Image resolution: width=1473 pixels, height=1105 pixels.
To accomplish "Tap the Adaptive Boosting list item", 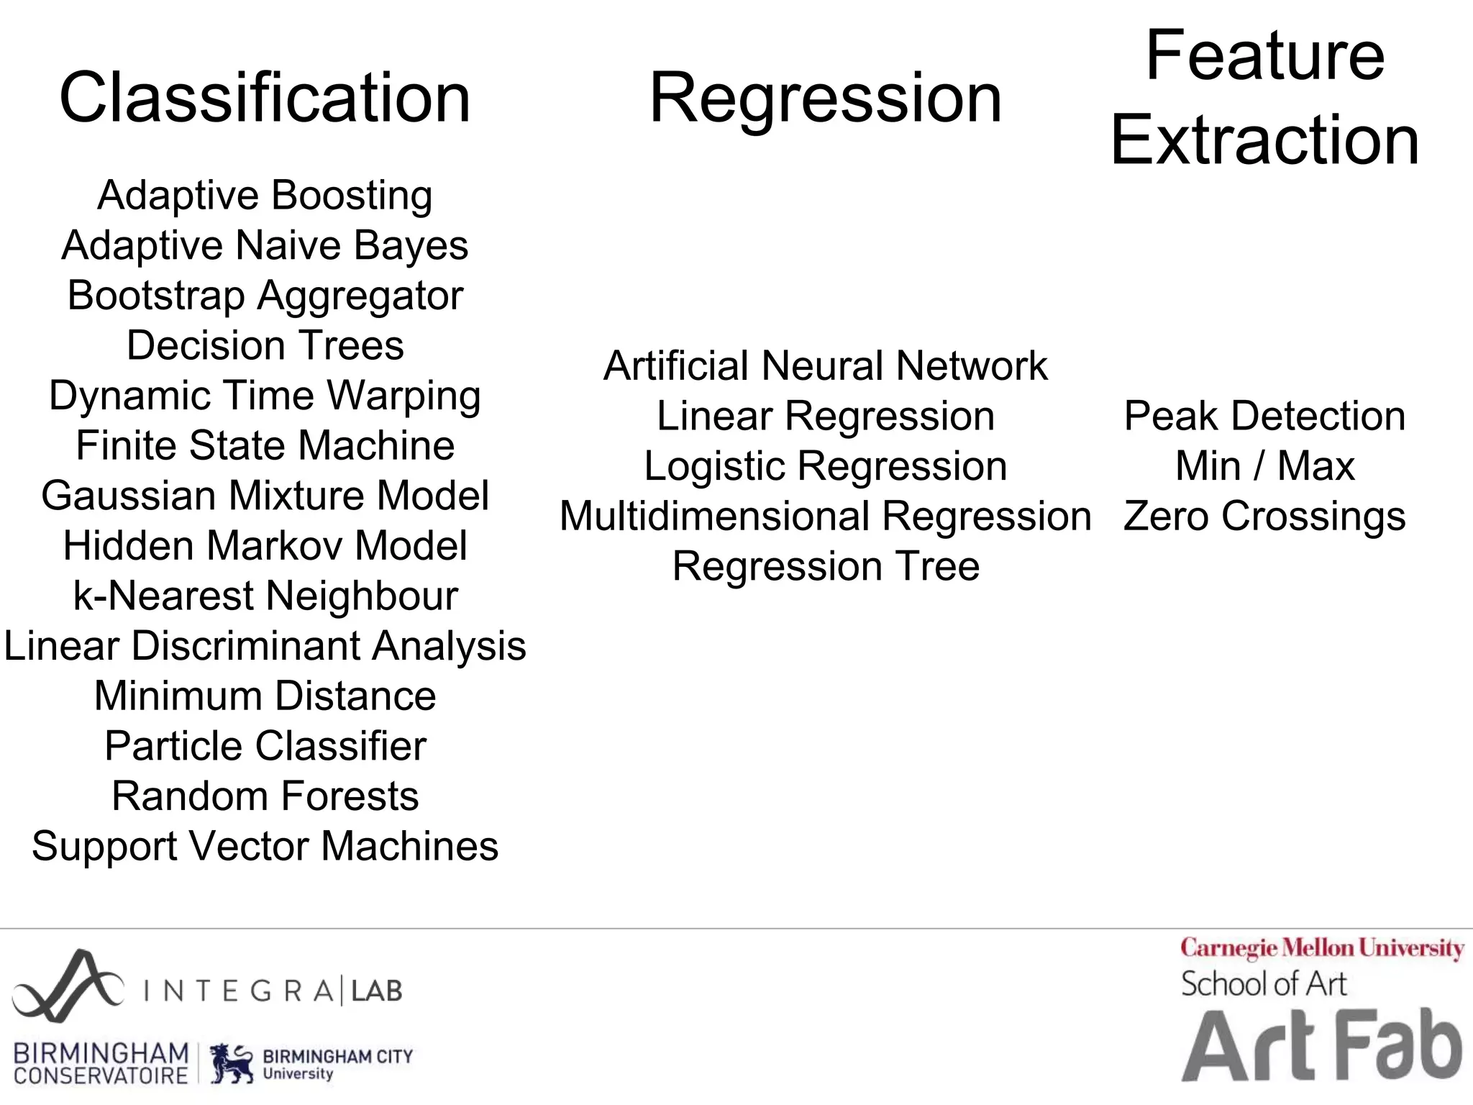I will click(265, 196).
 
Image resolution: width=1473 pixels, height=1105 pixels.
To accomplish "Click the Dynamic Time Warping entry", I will click(265, 396).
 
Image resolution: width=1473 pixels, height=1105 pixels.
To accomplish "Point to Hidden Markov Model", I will click(265, 545).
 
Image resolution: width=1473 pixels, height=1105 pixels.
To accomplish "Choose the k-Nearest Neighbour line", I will click(265, 596).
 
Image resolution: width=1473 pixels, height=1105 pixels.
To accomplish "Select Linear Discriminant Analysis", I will click(265, 645).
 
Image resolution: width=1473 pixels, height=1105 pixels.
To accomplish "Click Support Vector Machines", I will click(265, 846).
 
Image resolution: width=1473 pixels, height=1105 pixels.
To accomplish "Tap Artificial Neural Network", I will click(825, 365).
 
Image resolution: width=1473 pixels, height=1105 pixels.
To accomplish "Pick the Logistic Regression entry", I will click(825, 466).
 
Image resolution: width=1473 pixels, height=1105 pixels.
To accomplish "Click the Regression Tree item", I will click(825, 566).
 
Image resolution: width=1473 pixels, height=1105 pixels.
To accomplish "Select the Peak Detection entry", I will click(1264, 416).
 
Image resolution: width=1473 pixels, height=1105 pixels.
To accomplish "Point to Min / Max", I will click(1264, 466).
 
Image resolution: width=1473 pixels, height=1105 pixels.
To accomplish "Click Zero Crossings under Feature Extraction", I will click(1264, 517).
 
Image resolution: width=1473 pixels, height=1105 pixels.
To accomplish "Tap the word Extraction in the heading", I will click(1264, 140).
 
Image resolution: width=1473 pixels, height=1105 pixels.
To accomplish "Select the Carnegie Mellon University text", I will click(1322, 948).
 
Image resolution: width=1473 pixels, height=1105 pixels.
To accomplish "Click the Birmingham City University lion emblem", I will click(232, 1063).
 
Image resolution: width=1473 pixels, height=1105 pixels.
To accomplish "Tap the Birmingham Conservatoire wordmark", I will click(101, 1063).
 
